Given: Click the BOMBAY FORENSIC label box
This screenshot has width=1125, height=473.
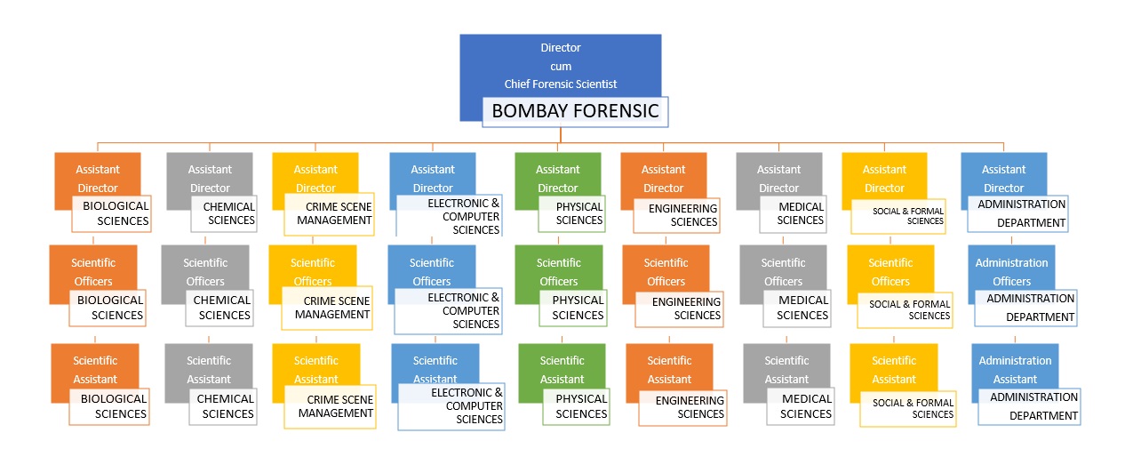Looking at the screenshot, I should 575,111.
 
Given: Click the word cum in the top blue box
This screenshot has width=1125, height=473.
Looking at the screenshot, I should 560,66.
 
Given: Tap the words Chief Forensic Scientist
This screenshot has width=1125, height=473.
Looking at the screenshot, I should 560,84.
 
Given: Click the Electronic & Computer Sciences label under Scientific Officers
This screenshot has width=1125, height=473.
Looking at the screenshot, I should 448,310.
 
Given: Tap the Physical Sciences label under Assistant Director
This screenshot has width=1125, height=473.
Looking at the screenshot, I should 572,213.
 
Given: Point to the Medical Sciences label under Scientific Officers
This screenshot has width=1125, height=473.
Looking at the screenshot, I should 795,308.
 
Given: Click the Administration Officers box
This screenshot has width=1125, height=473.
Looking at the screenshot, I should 1010,266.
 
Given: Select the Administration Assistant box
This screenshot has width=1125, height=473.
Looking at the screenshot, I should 1013,364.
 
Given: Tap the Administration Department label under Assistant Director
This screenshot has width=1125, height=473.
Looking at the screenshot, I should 1018,213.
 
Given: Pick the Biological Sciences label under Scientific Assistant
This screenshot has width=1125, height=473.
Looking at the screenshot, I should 110,406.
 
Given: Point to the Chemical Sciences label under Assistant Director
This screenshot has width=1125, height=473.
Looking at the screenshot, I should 223,213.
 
